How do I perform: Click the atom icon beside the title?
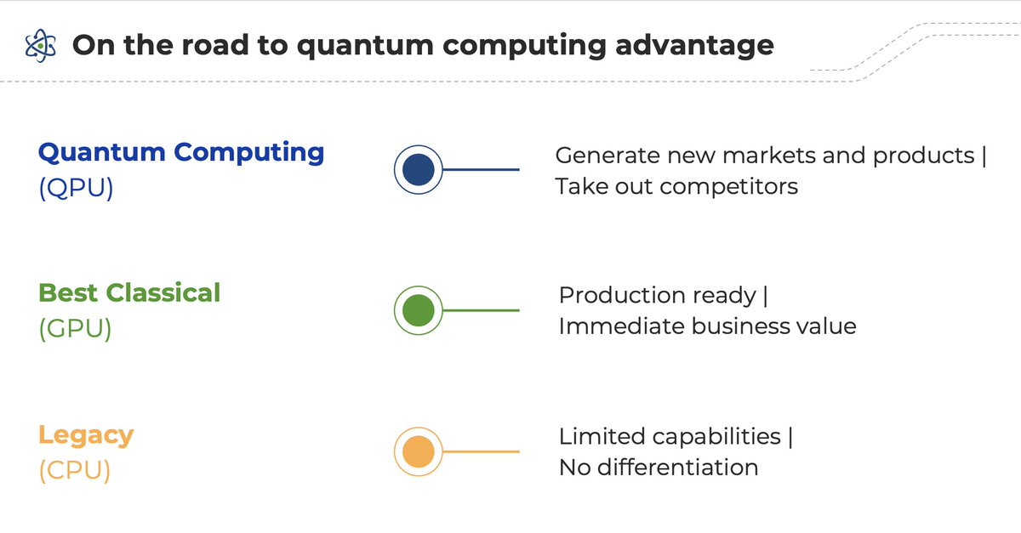40,45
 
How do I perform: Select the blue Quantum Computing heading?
181,153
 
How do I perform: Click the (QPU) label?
76,188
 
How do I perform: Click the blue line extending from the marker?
481,170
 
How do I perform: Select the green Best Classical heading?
129,293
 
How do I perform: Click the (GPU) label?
75,328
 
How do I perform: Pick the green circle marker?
418,310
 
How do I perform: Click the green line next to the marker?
481,310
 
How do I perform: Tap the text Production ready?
657,296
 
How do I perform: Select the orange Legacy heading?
86,435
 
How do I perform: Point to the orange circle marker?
418,451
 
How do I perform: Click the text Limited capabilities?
670,437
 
